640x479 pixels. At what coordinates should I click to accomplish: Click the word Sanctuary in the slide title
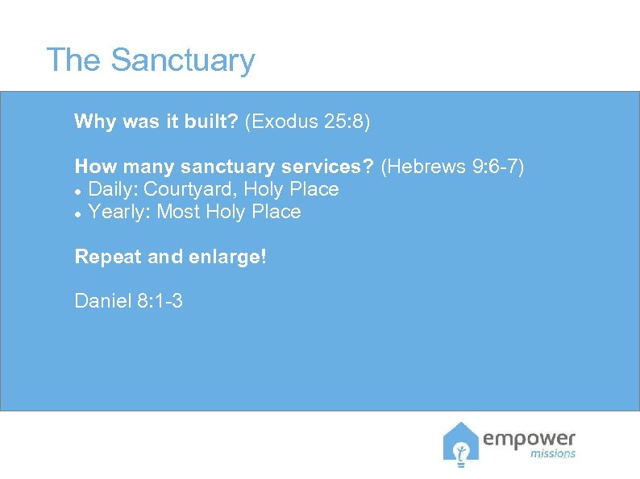183,60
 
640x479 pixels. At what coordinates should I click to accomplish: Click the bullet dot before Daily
77,191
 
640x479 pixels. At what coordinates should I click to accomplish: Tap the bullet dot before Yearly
77,213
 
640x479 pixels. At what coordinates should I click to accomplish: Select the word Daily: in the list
113,189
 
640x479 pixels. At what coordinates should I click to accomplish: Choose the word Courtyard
190,189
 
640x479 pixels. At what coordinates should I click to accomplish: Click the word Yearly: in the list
119,212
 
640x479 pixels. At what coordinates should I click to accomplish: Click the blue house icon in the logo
461,444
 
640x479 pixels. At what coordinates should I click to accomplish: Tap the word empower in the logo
530,439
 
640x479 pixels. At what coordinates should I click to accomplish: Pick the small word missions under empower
553,454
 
